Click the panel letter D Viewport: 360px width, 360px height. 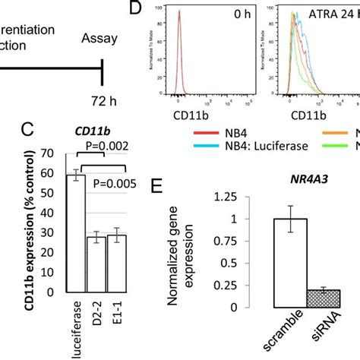tap(137, 11)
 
